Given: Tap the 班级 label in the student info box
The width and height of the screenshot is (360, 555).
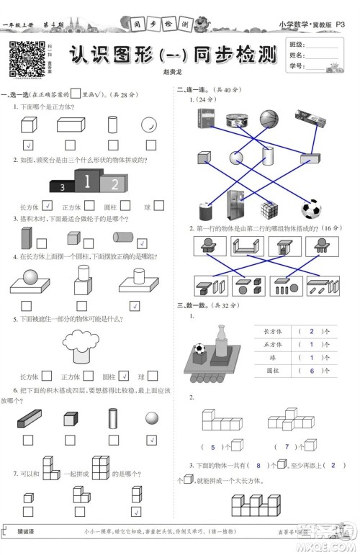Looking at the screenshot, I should click(296, 45).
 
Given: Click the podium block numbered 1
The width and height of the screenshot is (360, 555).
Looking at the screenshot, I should click(87, 180).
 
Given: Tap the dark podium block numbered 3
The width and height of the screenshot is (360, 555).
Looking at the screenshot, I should click(62, 186).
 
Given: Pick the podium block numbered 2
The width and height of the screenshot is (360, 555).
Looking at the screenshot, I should click(112, 184).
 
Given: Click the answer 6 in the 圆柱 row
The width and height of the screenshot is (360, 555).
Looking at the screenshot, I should click(311, 371).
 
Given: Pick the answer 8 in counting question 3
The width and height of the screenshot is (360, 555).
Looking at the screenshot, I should click(258, 465).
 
